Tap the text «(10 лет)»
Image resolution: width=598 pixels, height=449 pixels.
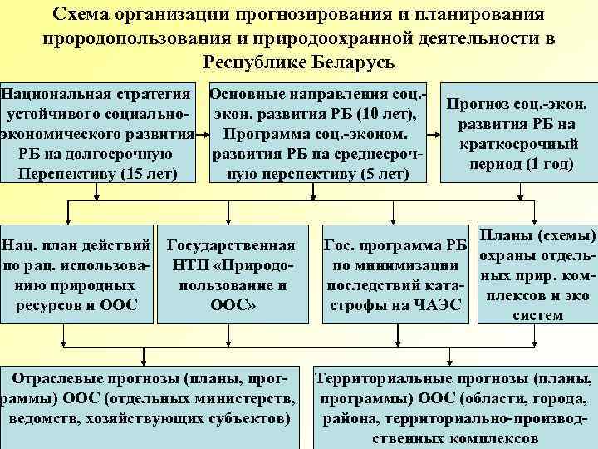(390, 113)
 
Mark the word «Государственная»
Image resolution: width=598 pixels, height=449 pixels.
(231, 245)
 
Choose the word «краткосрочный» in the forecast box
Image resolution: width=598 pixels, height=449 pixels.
(517, 145)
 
